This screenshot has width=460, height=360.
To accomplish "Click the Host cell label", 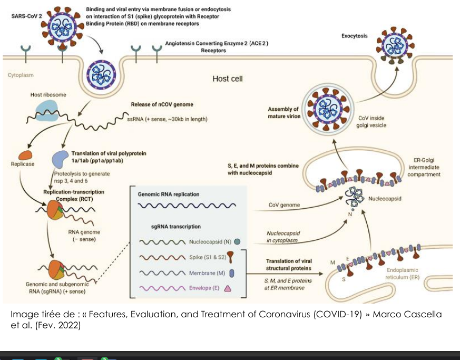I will (x=227, y=79).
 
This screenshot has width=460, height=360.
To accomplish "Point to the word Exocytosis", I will (x=355, y=36).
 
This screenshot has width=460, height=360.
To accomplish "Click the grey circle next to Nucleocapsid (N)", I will (x=237, y=242).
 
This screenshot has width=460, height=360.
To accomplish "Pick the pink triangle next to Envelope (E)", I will (x=228, y=288).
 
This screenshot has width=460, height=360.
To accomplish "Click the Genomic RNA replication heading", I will (x=169, y=194).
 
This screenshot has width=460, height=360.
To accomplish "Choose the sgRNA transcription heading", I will (x=176, y=227).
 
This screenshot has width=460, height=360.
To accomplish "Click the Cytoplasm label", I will (x=21, y=75).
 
